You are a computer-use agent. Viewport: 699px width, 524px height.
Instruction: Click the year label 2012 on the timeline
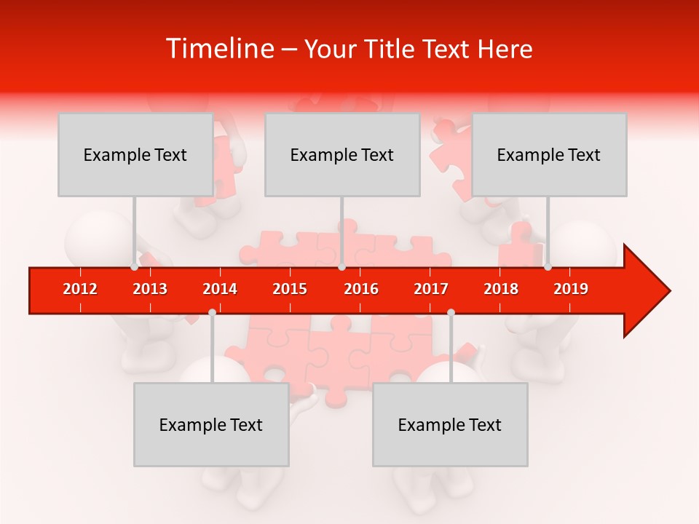point(80,289)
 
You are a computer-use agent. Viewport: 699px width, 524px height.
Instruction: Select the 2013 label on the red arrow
point(150,289)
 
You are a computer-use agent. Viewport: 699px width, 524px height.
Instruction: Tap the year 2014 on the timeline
point(220,289)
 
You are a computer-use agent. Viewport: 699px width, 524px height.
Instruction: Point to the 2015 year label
point(290,289)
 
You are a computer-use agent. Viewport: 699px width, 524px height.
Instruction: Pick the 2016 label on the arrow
point(361,289)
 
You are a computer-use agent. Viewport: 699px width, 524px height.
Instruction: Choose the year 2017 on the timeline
point(431,289)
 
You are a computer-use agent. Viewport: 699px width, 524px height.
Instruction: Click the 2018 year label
point(501,289)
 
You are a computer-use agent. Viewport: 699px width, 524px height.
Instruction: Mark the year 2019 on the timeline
point(571,289)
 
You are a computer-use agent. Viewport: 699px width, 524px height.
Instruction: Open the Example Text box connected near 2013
point(135,154)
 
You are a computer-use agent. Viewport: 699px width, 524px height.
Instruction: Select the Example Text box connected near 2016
point(342,154)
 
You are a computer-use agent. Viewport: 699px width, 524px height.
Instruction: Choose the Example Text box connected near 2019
point(549,154)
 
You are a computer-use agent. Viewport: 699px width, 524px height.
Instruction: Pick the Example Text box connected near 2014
point(211,424)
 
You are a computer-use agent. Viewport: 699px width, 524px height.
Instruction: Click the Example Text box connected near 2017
point(450,424)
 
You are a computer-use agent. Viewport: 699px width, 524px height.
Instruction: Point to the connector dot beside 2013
point(135,267)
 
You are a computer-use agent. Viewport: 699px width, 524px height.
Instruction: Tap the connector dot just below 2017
point(451,312)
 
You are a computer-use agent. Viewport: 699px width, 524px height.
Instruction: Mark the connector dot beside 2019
point(548,267)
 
